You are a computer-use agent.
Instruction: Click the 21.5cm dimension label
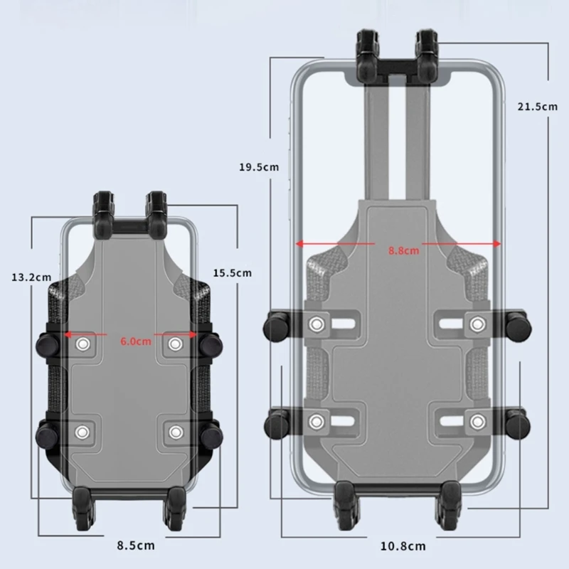coord(537,107)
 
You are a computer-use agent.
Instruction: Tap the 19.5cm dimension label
coord(258,168)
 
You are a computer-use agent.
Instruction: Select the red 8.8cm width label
coord(403,250)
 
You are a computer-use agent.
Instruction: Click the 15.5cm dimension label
coord(232,273)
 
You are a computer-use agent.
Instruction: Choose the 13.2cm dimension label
coord(31,276)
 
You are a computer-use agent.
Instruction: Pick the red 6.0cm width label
coord(136,341)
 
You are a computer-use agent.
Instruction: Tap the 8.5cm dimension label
coord(137,546)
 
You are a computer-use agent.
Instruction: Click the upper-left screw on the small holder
coord(83,344)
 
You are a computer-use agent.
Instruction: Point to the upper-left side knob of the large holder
coord(276,326)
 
